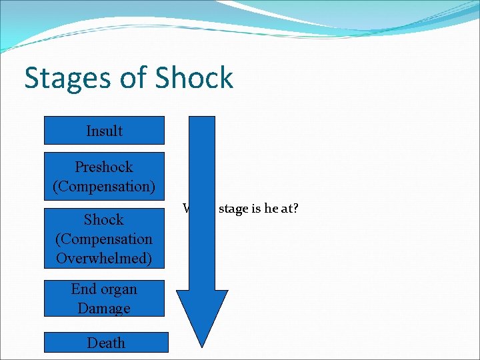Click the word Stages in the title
[66, 79]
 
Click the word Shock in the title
[194, 78]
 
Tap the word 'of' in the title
[131, 78]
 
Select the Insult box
[104, 131]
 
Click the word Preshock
[104, 167]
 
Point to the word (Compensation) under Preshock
[104, 186]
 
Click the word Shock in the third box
[104, 219]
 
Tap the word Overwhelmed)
[104, 258]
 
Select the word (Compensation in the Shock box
[104, 239]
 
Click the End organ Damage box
[104, 298]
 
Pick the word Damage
[104, 308]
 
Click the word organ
[119, 289]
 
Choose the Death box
[106, 343]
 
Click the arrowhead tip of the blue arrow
[202, 345]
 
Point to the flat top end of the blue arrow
[202, 118]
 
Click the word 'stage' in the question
[233, 209]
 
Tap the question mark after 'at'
[295, 209]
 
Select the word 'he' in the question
[271, 209]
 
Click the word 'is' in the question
[256, 209]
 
